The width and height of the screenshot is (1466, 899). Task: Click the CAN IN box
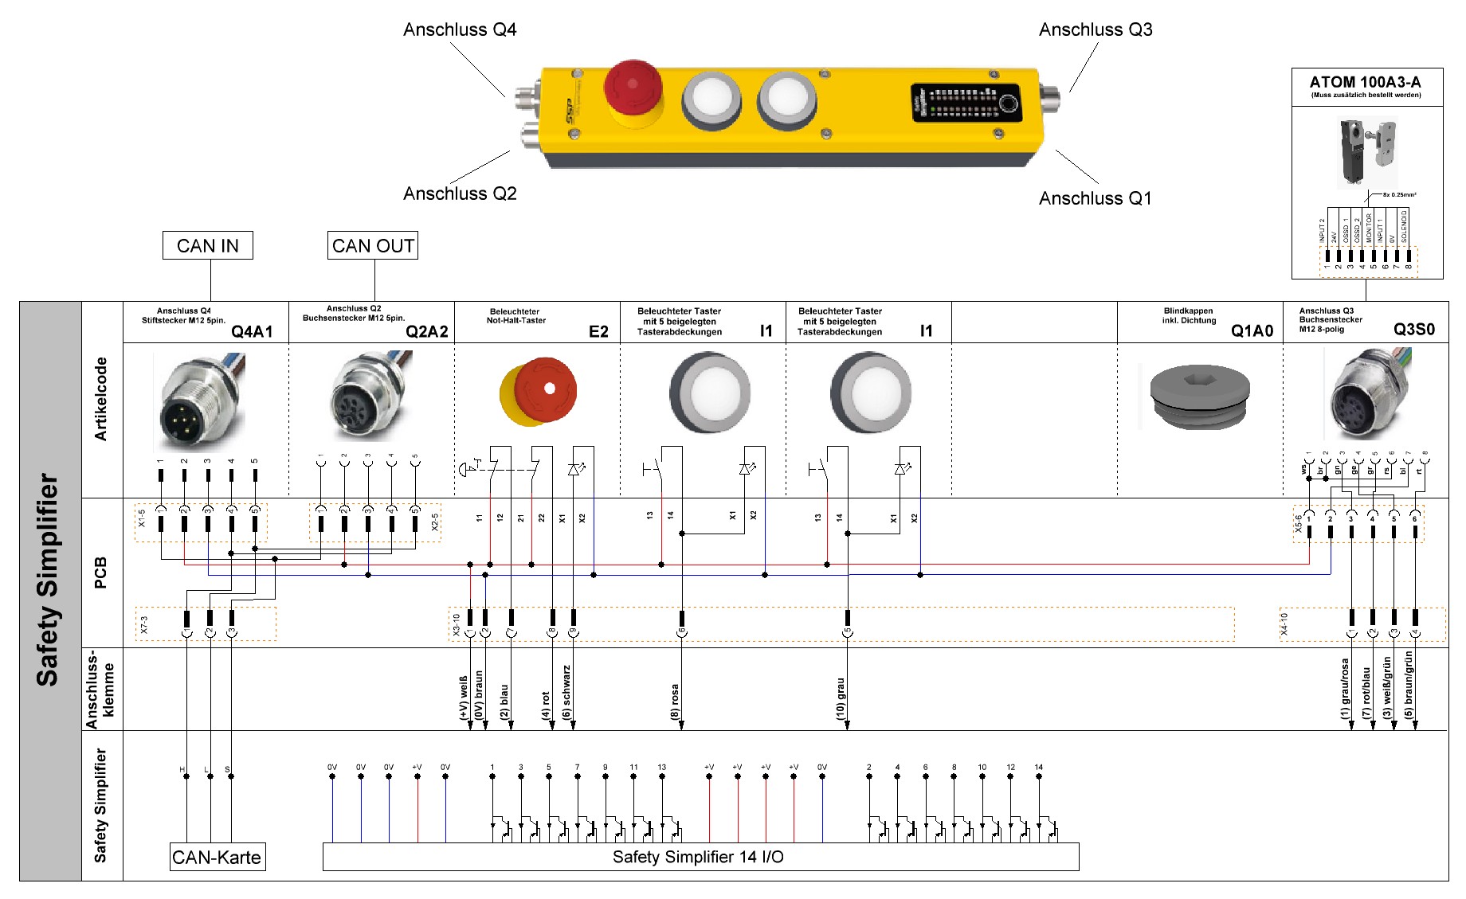pos(207,245)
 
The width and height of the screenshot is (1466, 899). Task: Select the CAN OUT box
pos(373,245)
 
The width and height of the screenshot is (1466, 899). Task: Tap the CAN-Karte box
pos(217,857)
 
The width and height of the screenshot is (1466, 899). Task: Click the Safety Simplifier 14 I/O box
pos(700,857)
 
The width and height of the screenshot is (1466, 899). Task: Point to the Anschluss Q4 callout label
pos(460,29)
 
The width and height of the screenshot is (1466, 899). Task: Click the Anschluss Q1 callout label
pos(1095,198)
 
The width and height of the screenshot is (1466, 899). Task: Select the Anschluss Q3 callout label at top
pos(1096,29)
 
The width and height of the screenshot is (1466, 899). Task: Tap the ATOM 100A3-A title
pos(1365,82)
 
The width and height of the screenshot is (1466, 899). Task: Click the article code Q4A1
pos(252,331)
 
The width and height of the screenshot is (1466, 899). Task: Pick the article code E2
pos(598,331)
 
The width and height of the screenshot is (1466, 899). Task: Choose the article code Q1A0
pos(1252,330)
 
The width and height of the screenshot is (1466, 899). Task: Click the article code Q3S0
pos(1414,329)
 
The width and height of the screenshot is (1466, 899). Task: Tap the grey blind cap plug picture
pos(1200,396)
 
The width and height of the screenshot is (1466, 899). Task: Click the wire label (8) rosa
pos(675,702)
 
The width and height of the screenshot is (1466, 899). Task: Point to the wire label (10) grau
pos(841,699)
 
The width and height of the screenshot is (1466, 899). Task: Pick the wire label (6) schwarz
pos(566,693)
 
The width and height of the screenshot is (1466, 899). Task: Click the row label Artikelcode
pos(101,399)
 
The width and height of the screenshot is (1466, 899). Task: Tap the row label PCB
pos(101,573)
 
